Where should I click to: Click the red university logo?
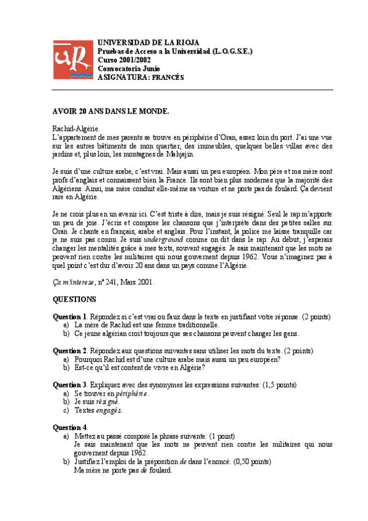point(71,60)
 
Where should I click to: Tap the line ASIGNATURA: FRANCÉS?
point(141,77)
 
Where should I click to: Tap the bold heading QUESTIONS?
point(74,299)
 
